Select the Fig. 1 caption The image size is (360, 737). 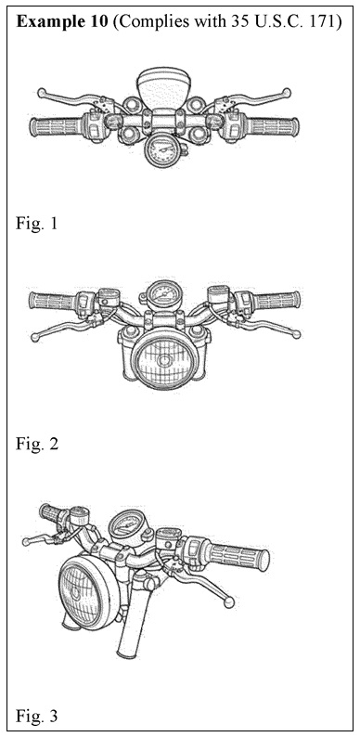pyautogui.click(x=36, y=224)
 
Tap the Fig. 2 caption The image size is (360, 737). pyautogui.click(x=37, y=444)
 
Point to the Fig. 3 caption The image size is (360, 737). pyautogui.click(x=37, y=716)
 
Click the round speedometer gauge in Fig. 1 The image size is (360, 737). pyautogui.click(x=162, y=150)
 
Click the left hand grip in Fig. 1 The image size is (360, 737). pyautogui.click(x=56, y=126)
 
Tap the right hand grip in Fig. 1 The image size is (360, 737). pyautogui.click(x=273, y=127)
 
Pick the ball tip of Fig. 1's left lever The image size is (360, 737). pyautogui.click(x=42, y=93)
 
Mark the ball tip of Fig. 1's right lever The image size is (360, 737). pyautogui.click(x=287, y=93)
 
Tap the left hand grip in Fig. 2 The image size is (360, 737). pyautogui.click(x=52, y=301)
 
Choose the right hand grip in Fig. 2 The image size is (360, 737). pyautogui.click(x=276, y=301)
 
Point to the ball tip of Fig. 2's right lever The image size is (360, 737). pyautogui.click(x=296, y=335)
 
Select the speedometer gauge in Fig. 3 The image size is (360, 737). pyautogui.click(x=127, y=525)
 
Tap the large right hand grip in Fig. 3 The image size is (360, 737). pyautogui.click(x=238, y=556)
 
